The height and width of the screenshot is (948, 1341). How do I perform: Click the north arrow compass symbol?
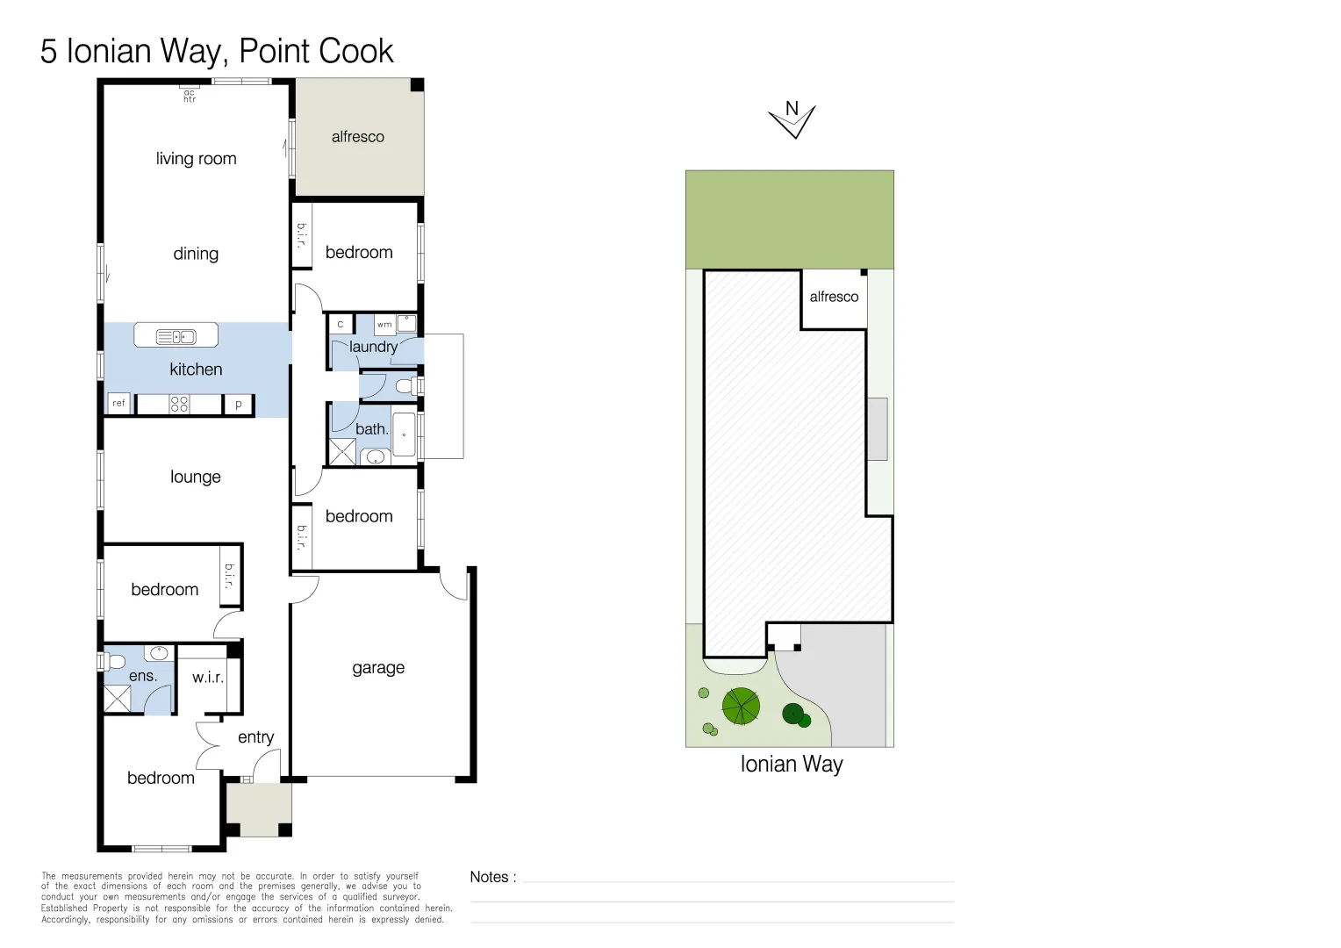tap(792, 119)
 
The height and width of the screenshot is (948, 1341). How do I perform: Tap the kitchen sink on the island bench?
tap(176, 336)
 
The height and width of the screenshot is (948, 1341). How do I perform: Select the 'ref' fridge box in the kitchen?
tap(119, 403)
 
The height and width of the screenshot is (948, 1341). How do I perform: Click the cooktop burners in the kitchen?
tap(179, 404)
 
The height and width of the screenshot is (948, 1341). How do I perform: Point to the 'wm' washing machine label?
tap(384, 325)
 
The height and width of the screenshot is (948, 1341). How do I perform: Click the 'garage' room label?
tap(377, 668)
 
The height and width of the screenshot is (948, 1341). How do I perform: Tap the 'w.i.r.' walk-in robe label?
tap(208, 678)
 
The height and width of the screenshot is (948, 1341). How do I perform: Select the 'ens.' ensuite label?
tap(143, 676)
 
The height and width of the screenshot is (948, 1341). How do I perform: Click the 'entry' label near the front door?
tap(255, 737)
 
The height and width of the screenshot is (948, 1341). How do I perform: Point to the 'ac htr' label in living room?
tap(190, 96)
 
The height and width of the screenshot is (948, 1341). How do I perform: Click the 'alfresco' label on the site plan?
tap(834, 297)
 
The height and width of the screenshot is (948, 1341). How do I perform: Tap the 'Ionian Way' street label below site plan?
tap(792, 765)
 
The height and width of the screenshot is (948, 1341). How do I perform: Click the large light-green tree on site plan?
tap(741, 706)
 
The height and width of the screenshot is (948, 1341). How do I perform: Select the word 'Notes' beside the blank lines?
tap(489, 877)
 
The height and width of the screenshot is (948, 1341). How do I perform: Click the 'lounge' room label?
tap(195, 477)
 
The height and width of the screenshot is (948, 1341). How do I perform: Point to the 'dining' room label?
tap(196, 254)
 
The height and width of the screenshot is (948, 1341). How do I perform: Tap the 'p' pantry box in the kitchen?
tap(238, 405)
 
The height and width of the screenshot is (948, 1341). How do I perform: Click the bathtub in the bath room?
tap(404, 434)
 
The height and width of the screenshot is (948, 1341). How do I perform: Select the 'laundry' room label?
tap(373, 347)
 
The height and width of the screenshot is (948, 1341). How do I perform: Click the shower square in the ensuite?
tap(118, 699)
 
